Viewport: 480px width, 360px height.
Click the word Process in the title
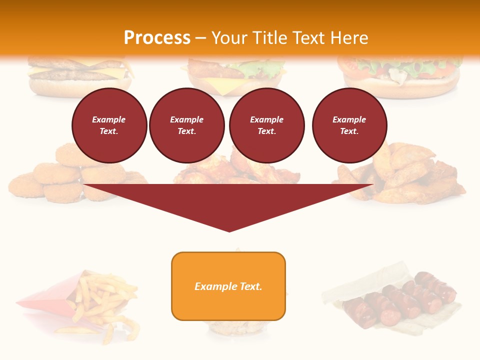(x=157, y=37)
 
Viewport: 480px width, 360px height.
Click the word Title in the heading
(x=268, y=37)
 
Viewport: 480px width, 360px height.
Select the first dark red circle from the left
(x=109, y=125)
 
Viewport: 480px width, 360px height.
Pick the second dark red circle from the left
(x=186, y=125)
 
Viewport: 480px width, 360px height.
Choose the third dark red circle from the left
(x=266, y=125)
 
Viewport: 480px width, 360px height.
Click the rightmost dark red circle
(x=349, y=125)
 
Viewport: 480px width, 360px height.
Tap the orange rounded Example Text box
(x=228, y=286)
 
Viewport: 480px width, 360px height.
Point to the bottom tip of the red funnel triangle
(x=229, y=230)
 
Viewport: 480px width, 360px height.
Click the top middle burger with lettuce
(x=235, y=75)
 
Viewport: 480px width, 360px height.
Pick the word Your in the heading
(x=230, y=37)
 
